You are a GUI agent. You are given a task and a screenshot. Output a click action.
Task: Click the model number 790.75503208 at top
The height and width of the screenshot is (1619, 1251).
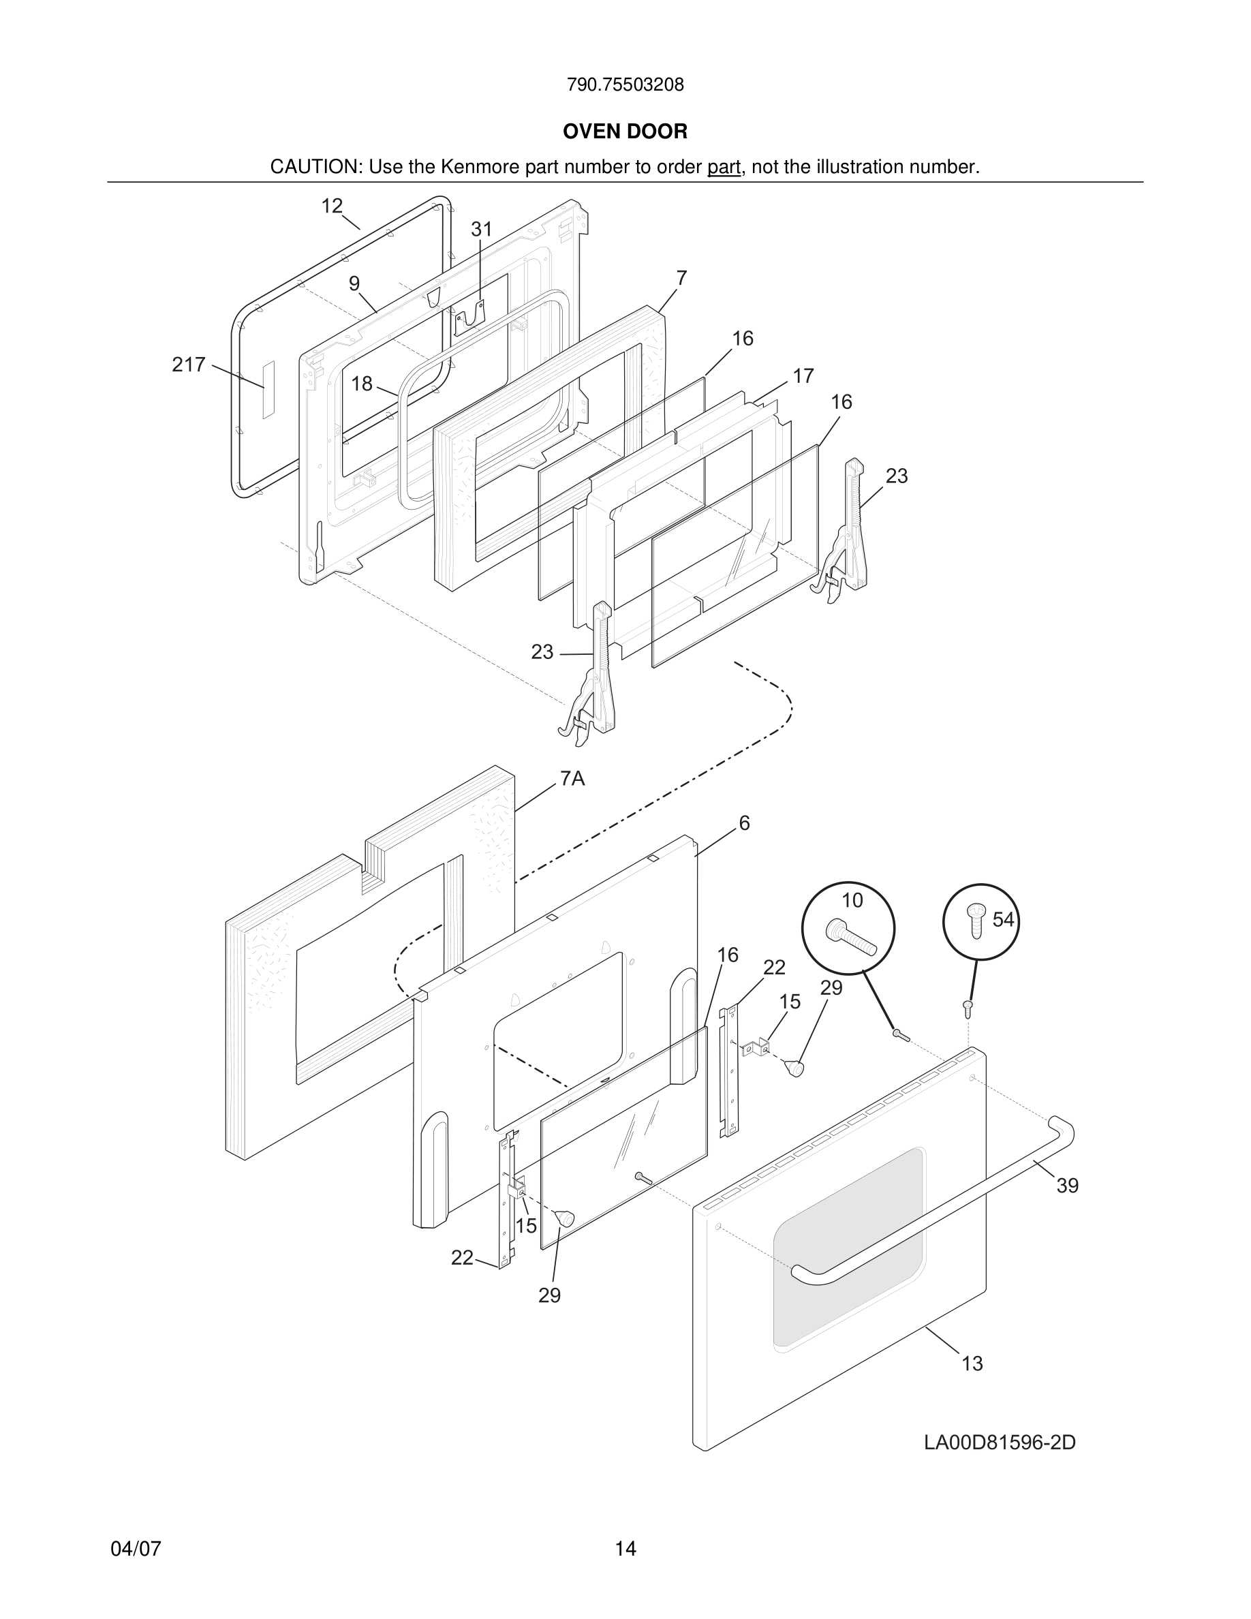pos(625,84)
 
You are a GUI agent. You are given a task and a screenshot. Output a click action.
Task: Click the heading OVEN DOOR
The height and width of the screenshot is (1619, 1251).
pos(625,132)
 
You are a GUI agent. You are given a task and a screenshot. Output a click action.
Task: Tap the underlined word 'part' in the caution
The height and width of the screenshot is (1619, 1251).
pos(724,168)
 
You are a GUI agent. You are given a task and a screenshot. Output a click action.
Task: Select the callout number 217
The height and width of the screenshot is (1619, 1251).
pos(188,365)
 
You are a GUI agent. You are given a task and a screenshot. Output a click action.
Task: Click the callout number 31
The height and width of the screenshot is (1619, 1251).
pos(482,230)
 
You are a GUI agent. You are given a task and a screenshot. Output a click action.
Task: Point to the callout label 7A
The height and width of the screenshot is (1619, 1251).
pos(572,778)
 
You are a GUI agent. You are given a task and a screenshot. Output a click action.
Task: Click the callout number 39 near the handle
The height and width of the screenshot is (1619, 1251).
pos(1067,1186)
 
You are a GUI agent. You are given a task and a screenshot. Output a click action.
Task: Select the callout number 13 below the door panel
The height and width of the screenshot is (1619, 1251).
pos(972,1363)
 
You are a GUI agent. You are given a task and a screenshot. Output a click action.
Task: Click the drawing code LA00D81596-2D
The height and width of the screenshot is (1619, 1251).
pos(999,1443)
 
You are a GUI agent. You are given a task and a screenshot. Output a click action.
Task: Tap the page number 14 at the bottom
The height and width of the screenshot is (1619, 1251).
pos(625,1549)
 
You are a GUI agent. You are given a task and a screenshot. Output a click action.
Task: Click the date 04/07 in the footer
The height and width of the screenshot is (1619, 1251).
pos(136,1549)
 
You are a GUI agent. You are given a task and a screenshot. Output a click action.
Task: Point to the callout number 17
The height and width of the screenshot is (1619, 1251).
pos(803,376)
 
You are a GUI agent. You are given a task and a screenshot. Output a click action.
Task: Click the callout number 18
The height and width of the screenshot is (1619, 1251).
pos(362,383)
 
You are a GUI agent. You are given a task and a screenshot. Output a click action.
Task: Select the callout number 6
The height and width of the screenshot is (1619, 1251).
pos(744,823)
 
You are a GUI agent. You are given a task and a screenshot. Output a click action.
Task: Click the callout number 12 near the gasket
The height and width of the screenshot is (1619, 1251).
pos(331,206)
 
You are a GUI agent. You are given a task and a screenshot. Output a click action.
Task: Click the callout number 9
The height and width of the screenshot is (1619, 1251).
pos(354,283)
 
